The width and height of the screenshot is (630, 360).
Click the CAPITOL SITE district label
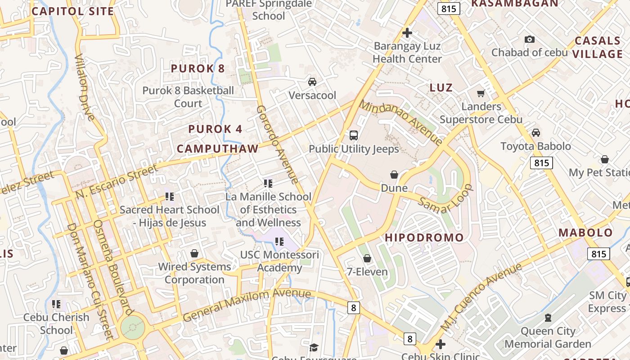coord(73,11)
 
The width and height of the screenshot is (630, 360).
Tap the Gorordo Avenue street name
coord(277,145)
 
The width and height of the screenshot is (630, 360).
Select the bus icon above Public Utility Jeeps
coord(354,135)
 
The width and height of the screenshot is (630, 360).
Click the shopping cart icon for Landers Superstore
coord(481,93)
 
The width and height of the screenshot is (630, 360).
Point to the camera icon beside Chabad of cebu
coord(530,40)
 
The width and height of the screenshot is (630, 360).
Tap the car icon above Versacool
coord(312,82)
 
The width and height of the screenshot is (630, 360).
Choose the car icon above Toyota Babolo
coord(535,133)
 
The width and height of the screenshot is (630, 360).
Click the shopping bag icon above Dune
coord(394,175)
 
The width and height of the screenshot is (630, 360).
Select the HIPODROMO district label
coord(424,238)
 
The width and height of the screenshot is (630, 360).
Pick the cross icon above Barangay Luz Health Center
coord(407,33)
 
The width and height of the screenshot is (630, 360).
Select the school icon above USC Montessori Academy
coord(279,242)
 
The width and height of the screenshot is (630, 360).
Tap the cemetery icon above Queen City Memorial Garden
coord(548,318)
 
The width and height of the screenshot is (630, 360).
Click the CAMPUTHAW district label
coord(217,149)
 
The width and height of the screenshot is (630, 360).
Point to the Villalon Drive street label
coord(85,88)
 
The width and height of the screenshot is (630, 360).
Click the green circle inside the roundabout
coord(133,328)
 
